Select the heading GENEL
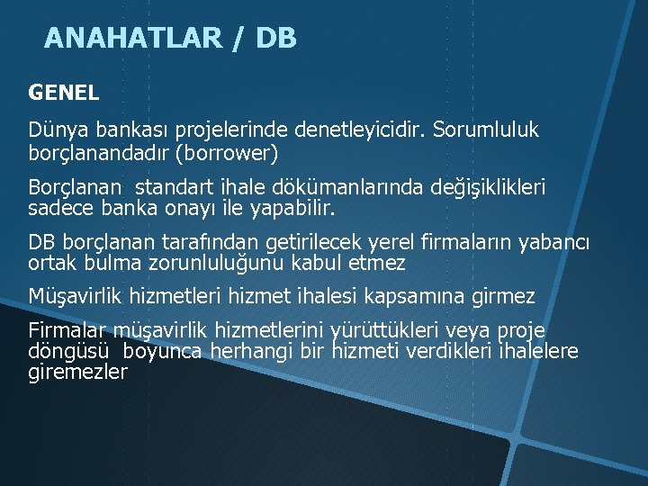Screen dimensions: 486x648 (64, 92)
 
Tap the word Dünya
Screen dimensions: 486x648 (55, 130)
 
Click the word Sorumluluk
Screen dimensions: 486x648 (486, 130)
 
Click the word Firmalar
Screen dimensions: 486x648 (67, 330)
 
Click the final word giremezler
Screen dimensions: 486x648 (78, 371)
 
